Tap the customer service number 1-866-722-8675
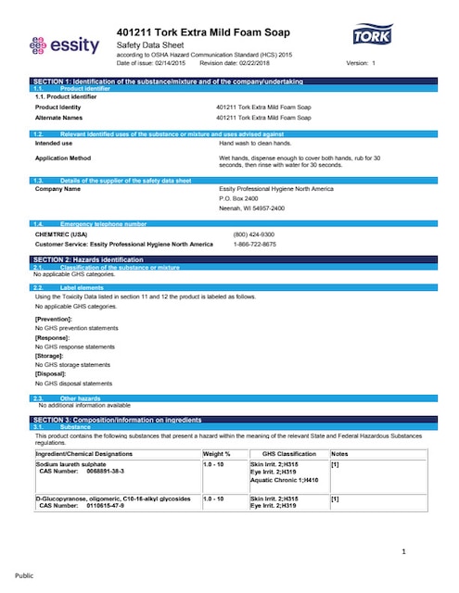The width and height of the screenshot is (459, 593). (x=255, y=245)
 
